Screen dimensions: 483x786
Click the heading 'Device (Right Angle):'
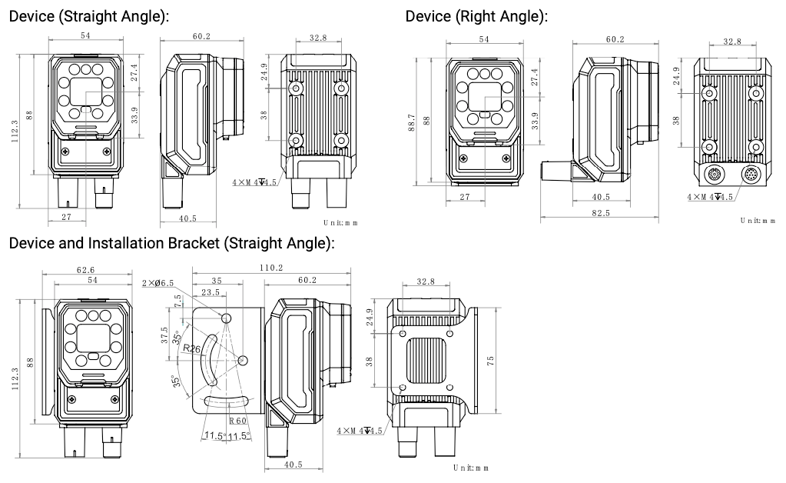coord(476,16)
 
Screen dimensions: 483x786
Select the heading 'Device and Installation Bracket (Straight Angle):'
coord(171,245)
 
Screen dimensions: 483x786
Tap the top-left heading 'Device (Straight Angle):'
coord(88,16)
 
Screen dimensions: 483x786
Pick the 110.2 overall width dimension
coord(270,268)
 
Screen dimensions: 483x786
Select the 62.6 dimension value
coord(86,270)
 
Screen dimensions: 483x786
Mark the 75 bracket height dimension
coord(492,358)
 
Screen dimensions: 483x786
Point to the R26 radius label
coord(191,348)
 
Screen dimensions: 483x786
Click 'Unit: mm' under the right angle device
coord(758,221)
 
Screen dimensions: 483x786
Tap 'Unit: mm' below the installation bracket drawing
coord(470,468)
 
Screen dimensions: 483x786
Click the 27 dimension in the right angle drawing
coord(464,198)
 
